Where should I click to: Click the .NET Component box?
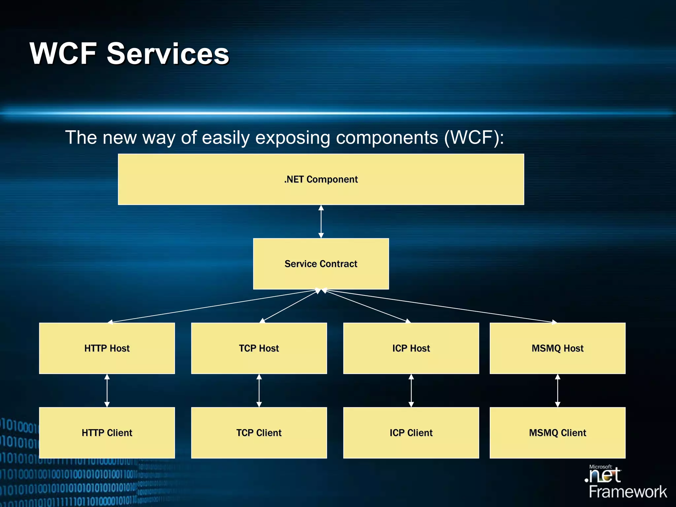point(321,179)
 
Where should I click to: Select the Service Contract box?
point(321,264)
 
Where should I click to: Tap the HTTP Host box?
point(107,348)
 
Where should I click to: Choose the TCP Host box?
point(259,348)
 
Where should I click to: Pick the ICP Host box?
point(411,348)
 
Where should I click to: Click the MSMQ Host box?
point(558,348)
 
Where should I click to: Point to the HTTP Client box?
point(107,433)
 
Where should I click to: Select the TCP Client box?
point(259,433)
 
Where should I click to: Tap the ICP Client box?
point(411,433)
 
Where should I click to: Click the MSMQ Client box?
point(558,433)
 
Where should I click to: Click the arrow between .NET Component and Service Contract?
point(321,221)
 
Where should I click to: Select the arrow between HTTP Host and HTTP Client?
point(107,390)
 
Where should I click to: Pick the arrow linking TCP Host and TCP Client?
point(259,390)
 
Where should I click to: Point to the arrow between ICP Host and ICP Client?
point(411,390)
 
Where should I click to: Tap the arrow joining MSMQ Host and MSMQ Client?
point(558,390)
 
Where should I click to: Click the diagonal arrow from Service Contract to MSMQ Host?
point(439,306)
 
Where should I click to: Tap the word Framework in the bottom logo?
point(628,492)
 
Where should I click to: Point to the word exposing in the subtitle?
point(293,138)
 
